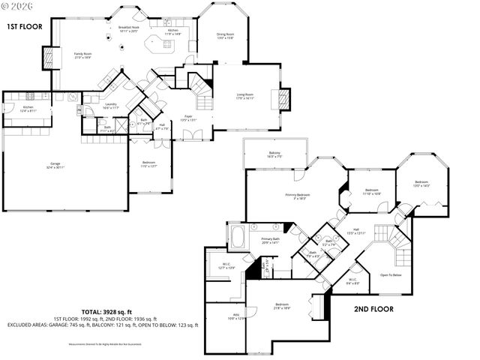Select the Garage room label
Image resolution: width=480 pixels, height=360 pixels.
(x=55, y=165)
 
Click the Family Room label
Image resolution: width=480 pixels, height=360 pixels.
(x=82, y=55)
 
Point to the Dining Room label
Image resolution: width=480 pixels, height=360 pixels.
(x=225, y=35)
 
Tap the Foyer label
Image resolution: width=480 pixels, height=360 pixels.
(x=189, y=118)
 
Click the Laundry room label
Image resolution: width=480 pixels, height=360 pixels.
(x=110, y=106)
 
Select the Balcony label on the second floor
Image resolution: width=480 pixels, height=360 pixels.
(x=274, y=154)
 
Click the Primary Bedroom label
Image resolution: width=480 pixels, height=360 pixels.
(x=298, y=196)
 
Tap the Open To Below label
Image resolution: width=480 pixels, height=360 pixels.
(x=391, y=275)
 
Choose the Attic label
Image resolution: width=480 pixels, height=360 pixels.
(x=219, y=316)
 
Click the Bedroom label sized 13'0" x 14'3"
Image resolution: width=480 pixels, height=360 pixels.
(x=422, y=184)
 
